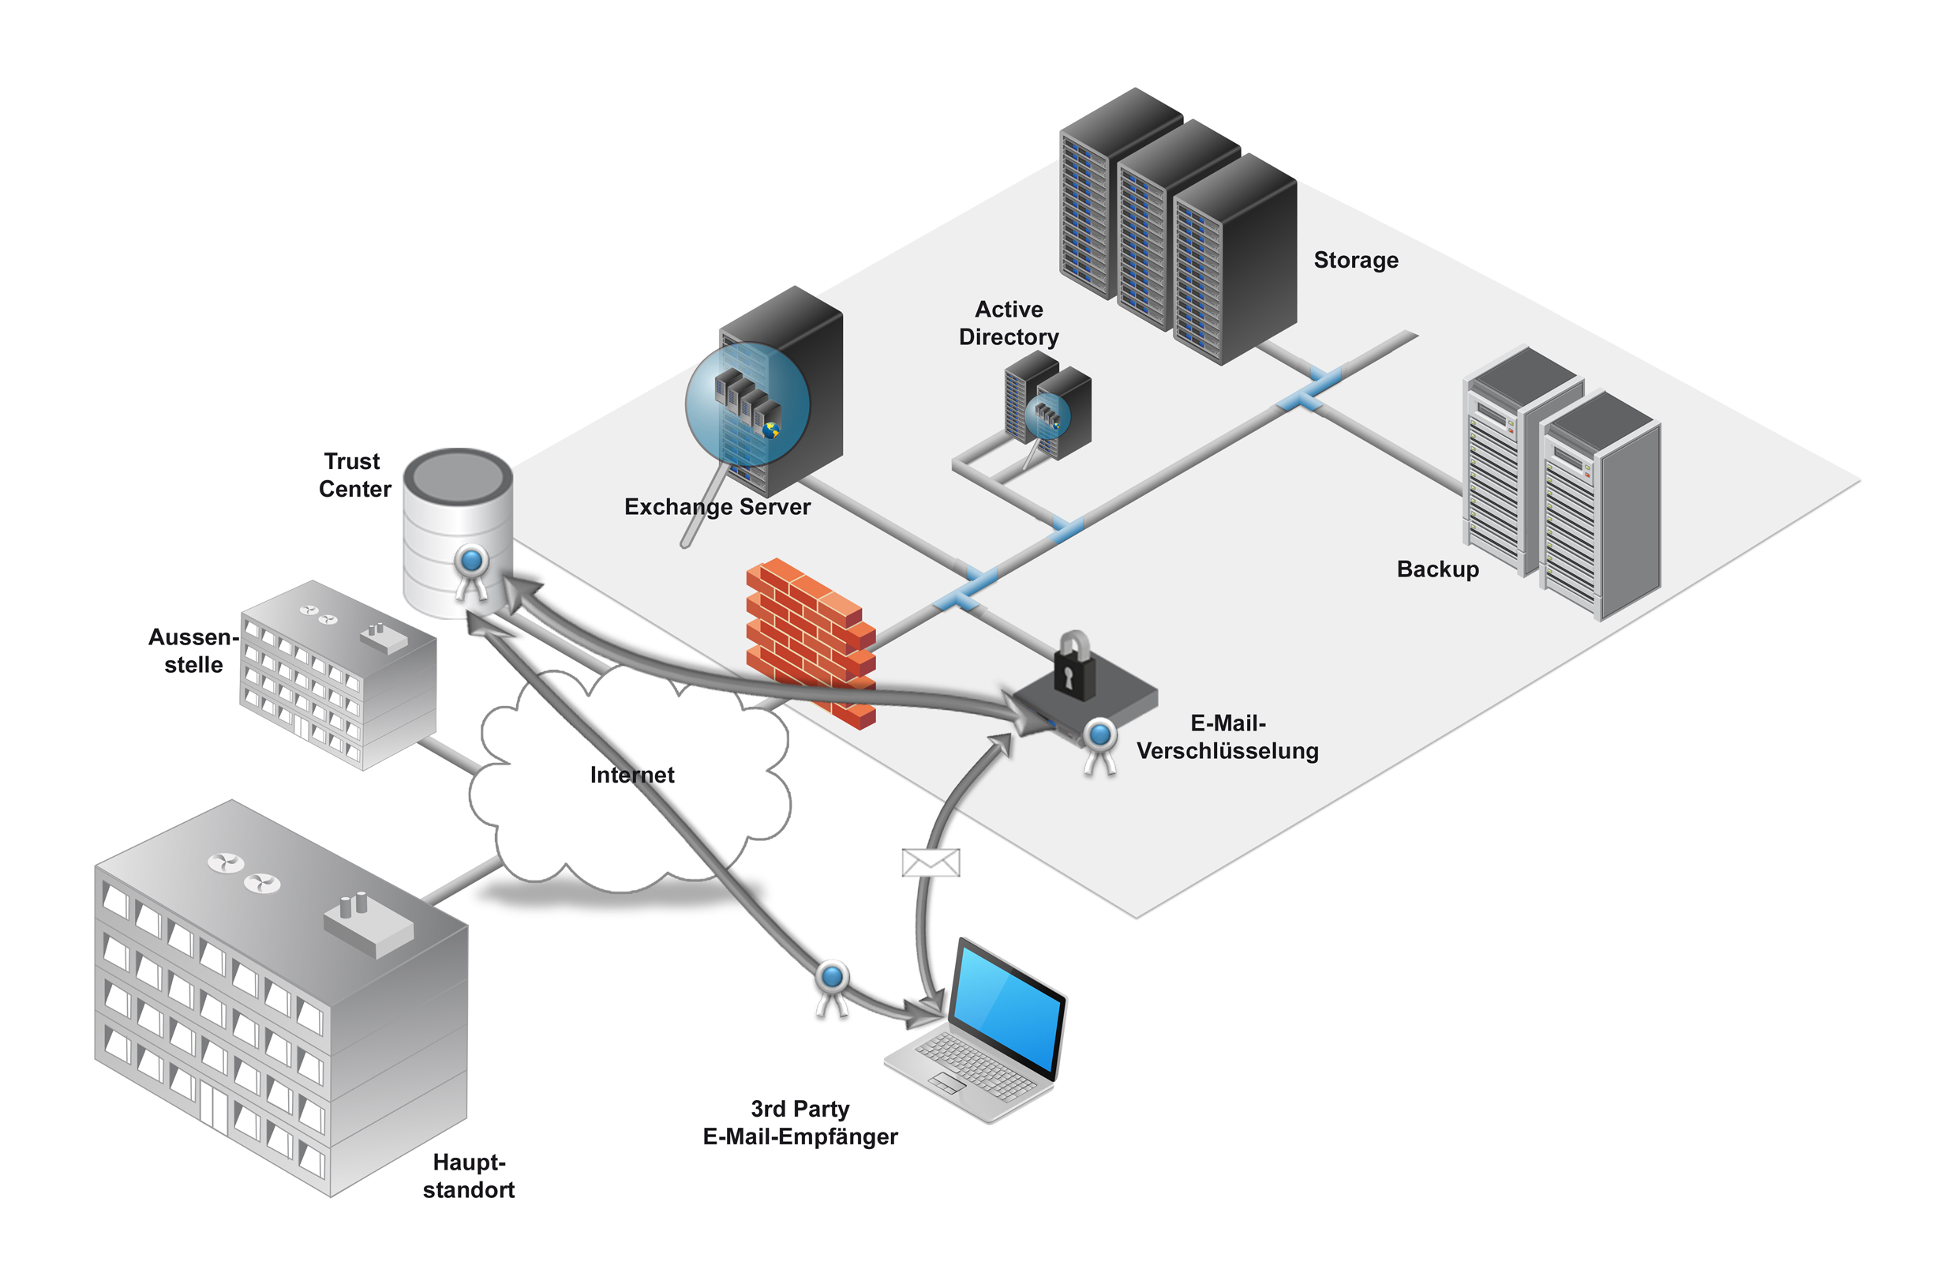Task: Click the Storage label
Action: [x=1356, y=260]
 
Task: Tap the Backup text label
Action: [x=1437, y=569]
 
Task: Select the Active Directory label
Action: [x=1009, y=323]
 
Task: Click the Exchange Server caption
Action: [x=717, y=507]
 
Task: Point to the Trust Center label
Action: [x=354, y=475]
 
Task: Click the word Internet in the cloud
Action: [x=631, y=775]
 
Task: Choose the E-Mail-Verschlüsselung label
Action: [x=1227, y=736]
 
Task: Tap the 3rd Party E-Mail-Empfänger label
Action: [x=800, y=1122]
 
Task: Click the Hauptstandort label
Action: [x=469, y=1175]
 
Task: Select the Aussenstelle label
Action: [x=193, y=651]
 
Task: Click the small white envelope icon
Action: [x=931, y=862]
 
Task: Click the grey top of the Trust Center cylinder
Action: [x=457, y=477]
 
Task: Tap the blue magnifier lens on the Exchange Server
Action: [x=747, y=404]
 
